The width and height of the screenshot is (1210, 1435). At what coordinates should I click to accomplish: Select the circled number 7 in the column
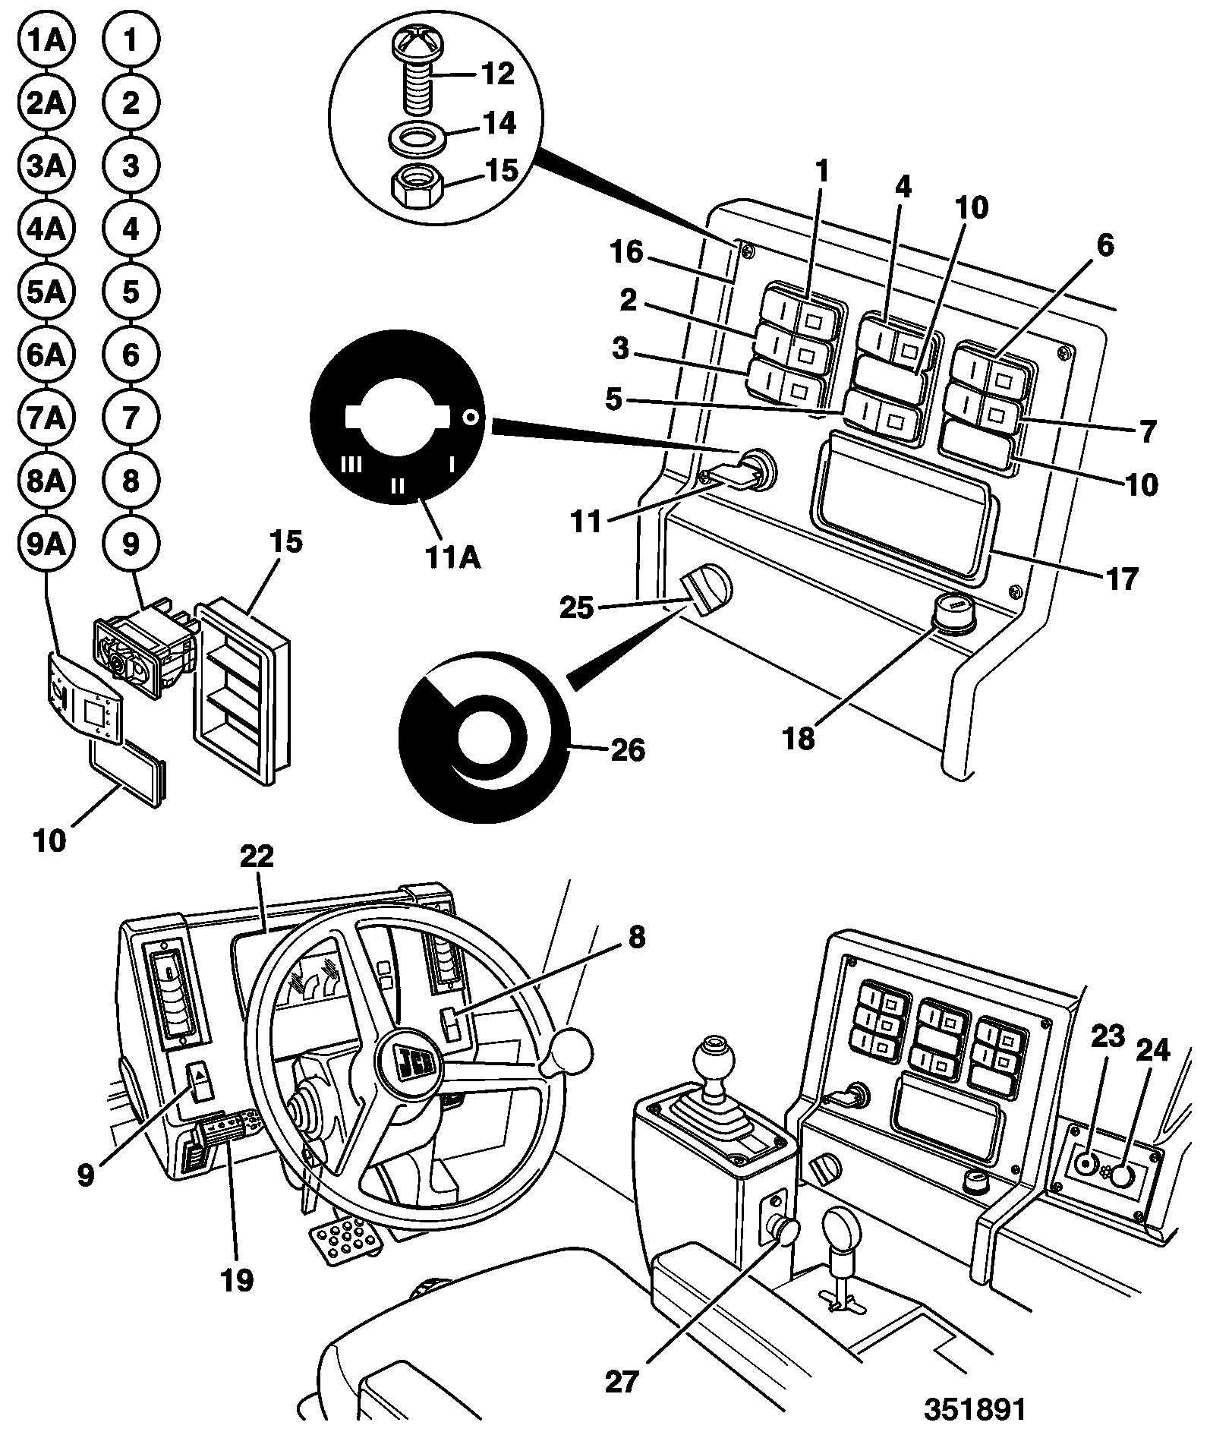(131, 418)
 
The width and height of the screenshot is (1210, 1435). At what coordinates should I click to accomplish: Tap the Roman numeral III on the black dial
(351, 464)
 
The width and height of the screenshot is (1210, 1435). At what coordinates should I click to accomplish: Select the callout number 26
(627, 750)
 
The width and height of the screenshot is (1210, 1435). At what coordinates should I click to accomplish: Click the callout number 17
(1122, 579)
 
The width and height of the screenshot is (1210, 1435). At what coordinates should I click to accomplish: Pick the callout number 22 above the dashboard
(257, 856)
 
